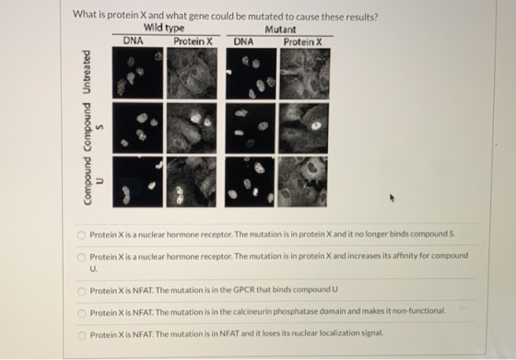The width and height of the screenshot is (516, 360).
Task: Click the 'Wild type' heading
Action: coord(164,28)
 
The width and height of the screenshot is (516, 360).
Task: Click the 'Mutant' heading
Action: coord(280,29)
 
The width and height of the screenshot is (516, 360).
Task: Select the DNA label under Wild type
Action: coord(133,41)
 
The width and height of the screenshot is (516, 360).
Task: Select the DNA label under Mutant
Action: coord(243,41)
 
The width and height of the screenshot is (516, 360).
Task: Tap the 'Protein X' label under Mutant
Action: coord(303,42)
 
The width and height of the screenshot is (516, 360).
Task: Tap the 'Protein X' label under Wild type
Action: coord(193,41)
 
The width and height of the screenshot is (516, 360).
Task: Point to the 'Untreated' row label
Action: coord(87,72)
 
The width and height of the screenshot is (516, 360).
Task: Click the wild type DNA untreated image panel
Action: coord(137,73)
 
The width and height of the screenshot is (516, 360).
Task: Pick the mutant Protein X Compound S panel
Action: coord(304,128)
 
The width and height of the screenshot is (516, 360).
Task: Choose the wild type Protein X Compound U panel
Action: coord(192,181)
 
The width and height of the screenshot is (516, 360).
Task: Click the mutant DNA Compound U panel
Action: coord(250,181)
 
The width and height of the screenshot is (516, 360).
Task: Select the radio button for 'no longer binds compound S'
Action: coord(81,235)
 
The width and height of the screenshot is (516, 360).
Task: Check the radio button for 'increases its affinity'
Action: coord(81,258)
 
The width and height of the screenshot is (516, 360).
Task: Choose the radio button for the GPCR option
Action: coord(82,291)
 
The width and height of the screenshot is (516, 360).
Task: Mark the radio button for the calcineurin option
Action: coord(82,313)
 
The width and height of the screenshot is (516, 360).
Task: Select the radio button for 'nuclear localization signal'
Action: coord(82,335)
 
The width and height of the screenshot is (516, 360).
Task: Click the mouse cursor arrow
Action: coord(392,198)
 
